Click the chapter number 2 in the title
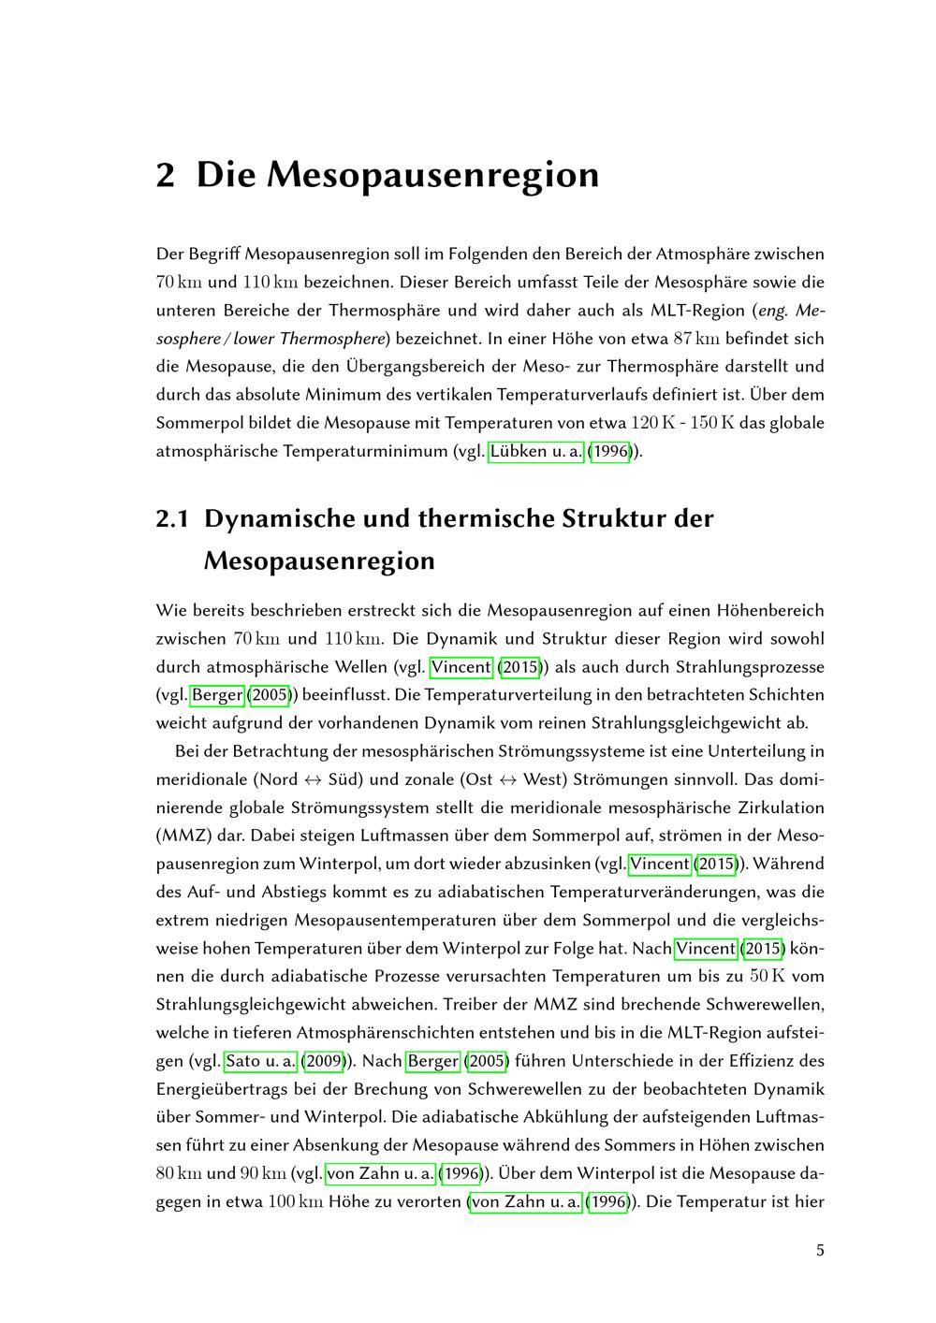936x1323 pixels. tap(166, 175)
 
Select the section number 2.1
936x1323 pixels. tap(172, 518)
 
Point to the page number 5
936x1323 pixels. tap(820, 1250)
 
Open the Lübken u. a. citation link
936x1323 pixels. tap(536, 451)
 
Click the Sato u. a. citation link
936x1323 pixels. tap(260, 1061)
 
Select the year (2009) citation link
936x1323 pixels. tap(323, 1061)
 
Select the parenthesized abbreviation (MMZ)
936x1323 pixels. tap(183, 836)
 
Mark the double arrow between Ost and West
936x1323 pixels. tap(508, 779)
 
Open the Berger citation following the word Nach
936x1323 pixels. tap(432, 1061)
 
